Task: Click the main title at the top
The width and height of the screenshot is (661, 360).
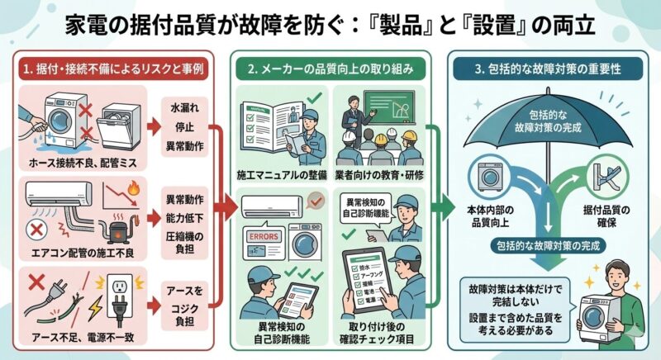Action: [330, 23]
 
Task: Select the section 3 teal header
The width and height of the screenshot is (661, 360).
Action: [546, 66]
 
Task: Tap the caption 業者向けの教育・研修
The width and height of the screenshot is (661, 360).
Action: [381, 177]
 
